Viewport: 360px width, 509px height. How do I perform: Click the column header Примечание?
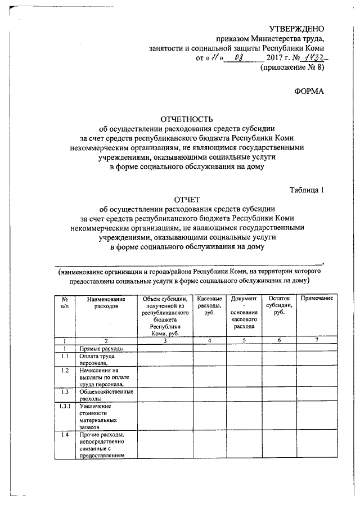[317, 298]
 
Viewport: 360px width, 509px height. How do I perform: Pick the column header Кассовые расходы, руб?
[209, 305]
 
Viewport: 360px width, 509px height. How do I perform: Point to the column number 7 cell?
[317, 341]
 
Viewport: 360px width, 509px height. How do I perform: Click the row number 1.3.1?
[65, 406]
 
